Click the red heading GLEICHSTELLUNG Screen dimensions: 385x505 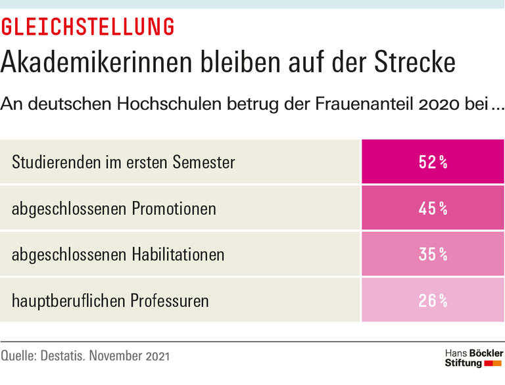[x=88, y=27]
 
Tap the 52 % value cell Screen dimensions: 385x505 [x=433, y=162]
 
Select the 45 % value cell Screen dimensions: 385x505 [x=433, y=208]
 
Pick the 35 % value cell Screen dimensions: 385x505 [x=433, y=254]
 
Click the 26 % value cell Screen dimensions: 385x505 [x=433, y=300]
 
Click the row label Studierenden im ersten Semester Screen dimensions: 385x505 [x=123, y=162]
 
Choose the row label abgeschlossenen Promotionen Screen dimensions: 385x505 [x=114, y=209]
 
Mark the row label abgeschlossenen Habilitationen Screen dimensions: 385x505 [x=118, y=254]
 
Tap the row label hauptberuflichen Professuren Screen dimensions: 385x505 [x=110, y=301]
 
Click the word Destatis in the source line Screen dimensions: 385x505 [x=64, y=357]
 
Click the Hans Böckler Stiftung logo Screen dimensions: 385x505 [x=473, y=357]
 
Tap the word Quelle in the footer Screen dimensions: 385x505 [x=18, y=357]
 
